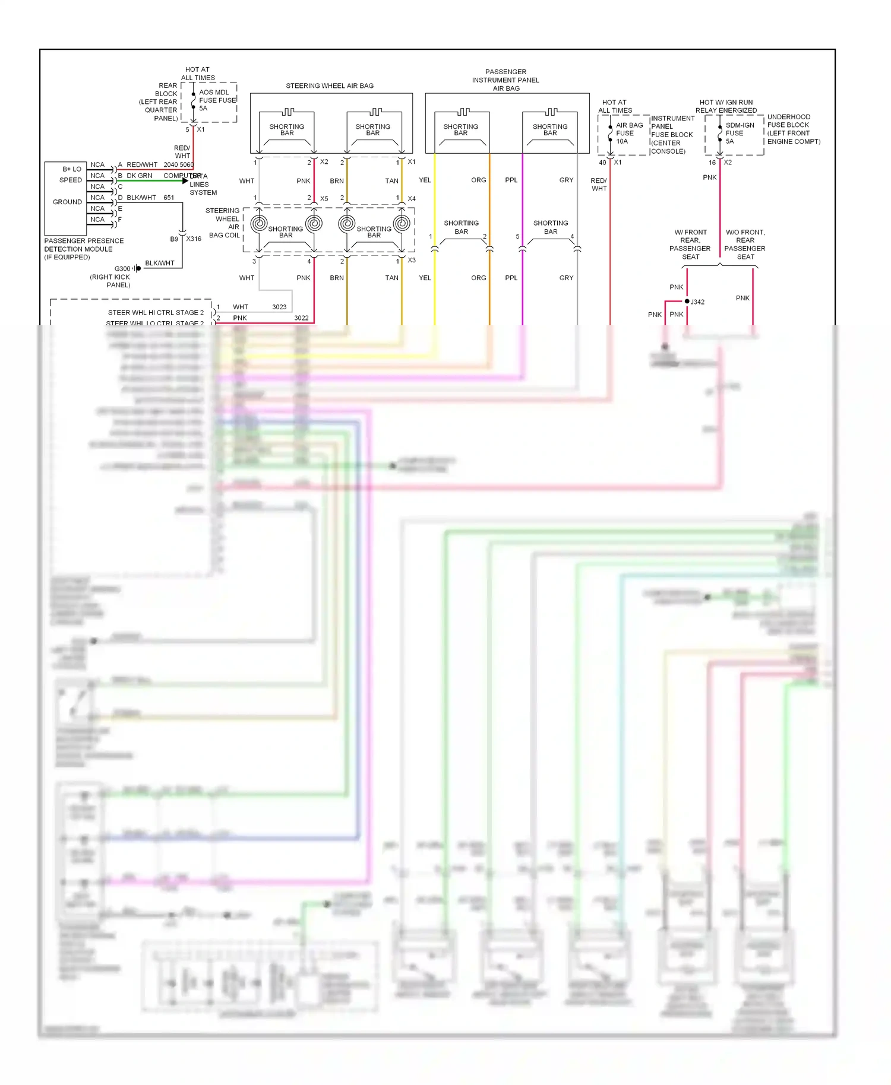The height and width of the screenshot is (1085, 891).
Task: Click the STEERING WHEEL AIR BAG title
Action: (x=330, y=85)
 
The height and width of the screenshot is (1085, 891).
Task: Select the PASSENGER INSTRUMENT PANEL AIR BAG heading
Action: (x=505, y=80)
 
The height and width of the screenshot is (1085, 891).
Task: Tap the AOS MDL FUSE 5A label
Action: (x=217, y=100)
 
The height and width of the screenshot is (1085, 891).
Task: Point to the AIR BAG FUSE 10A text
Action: (x=628, y=133)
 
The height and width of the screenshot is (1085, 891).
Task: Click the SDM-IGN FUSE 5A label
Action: (x=739, y=133)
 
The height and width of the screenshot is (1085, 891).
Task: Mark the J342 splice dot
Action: (x=687, y=302)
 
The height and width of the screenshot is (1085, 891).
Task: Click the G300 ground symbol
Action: (x=137, y=268)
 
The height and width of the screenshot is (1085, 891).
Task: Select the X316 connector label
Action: (x=194, y=239)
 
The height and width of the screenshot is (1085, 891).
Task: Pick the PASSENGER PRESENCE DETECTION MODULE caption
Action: (x=84, y=249)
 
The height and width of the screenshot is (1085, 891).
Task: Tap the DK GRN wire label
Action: (x=139, y=176)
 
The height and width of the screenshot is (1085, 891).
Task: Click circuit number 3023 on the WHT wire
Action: (x=279, y=307)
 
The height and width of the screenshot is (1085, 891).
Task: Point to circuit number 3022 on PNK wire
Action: (x=301, y=318)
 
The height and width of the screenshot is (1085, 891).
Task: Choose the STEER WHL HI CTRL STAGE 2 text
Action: (x=156, y=312)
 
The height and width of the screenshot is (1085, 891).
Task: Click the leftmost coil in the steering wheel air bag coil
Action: (x=259, y=223)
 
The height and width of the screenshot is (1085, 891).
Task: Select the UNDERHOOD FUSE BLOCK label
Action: (x=793, y=129)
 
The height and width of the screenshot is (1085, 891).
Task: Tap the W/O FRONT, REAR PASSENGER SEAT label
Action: (x=745, y=244)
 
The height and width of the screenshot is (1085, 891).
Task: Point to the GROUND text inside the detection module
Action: (x=67, y=202)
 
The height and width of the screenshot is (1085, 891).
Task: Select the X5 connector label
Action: (x=324, y=199)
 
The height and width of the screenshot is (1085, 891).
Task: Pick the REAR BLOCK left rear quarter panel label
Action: (x=159, y=101)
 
